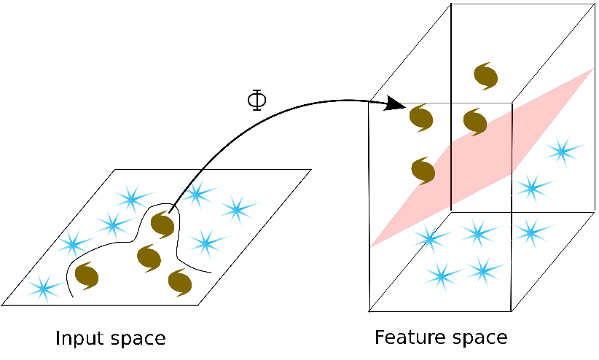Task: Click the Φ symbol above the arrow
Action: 257,100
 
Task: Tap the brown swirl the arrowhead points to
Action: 422,117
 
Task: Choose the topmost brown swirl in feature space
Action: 485,74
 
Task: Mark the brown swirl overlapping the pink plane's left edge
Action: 423,171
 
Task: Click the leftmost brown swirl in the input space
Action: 86,275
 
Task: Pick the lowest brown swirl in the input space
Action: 179,281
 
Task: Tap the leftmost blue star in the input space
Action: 44,289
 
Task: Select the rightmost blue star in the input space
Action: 236,209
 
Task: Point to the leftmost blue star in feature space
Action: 428,238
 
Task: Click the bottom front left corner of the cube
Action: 370,311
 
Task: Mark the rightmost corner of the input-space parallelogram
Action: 311,170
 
